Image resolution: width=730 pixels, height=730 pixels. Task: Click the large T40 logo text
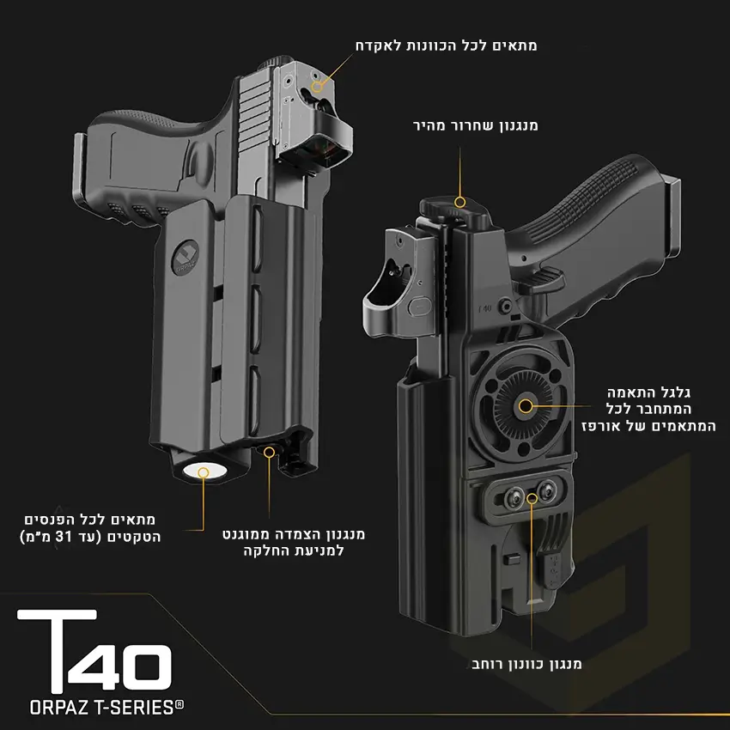94,650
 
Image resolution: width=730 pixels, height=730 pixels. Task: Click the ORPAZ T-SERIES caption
106,708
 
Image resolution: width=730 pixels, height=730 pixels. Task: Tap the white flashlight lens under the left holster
205,471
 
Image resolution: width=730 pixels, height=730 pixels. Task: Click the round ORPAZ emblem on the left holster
186,256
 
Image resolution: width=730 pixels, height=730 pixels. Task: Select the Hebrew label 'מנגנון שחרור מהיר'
475,125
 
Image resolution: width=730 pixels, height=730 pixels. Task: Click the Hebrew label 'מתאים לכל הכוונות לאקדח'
446,46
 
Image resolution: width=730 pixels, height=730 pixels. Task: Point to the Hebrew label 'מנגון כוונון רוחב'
526,664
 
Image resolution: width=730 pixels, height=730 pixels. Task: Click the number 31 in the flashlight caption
64,537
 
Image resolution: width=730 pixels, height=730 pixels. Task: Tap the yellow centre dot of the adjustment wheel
526,406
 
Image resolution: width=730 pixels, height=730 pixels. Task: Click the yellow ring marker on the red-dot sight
318,86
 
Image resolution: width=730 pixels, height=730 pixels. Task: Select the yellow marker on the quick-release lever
460,202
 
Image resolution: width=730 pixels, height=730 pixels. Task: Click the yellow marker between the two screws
532,499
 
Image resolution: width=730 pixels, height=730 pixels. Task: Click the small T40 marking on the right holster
484,308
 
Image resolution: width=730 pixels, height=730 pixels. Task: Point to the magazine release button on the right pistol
505,306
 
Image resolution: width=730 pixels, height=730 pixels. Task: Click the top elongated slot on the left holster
257,238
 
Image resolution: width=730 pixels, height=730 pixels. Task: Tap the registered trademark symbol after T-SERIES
179,704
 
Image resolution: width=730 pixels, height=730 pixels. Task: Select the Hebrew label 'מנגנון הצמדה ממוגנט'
294,534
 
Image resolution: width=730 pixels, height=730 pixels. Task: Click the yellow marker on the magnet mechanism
269,452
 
